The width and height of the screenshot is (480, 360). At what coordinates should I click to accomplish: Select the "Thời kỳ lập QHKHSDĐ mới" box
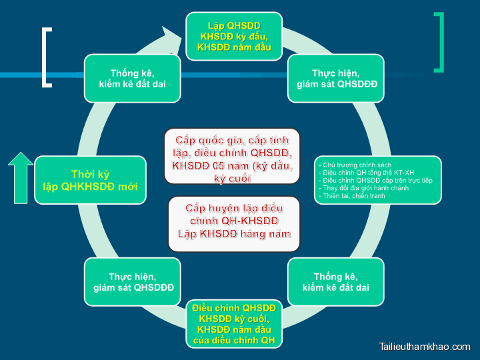click(x=90, y=180)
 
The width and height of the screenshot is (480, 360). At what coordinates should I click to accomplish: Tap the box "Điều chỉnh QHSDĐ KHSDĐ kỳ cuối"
click(x=233, y=325)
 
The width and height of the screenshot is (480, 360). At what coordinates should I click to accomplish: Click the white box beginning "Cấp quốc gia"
click(x=232, y=156)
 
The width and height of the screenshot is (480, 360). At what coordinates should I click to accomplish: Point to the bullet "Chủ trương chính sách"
click(x=355, y=165)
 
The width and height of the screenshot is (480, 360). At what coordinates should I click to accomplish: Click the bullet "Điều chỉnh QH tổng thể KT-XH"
click(x=367, y=173)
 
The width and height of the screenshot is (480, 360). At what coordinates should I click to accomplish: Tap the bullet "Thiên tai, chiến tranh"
click(x=353, y=196)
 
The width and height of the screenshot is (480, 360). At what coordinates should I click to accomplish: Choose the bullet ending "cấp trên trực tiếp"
click(x=376, y=181)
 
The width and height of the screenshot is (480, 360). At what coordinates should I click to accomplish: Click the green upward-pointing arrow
click(x=21, y=177)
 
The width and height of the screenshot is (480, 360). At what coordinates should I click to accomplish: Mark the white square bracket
click(x=46, y=57)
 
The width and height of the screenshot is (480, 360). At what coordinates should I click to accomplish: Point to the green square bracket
click(x=438, y=42)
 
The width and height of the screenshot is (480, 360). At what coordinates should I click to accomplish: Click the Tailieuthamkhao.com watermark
click(x=424, y=347)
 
